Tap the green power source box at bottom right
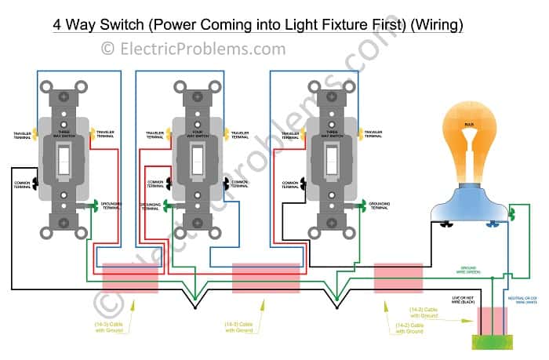pyautogui.click(x=491, y=341)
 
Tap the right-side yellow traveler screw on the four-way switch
pyautogui.click(x=227, y=133)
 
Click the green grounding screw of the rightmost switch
pyautogui.click(x=365, y=206)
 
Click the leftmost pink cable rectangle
pyautogui.click(x=130, y=277)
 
